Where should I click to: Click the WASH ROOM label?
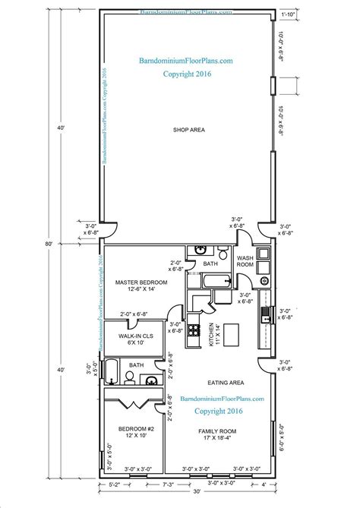click(x=245, y=262)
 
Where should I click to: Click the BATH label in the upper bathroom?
click(x=210, y=263)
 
